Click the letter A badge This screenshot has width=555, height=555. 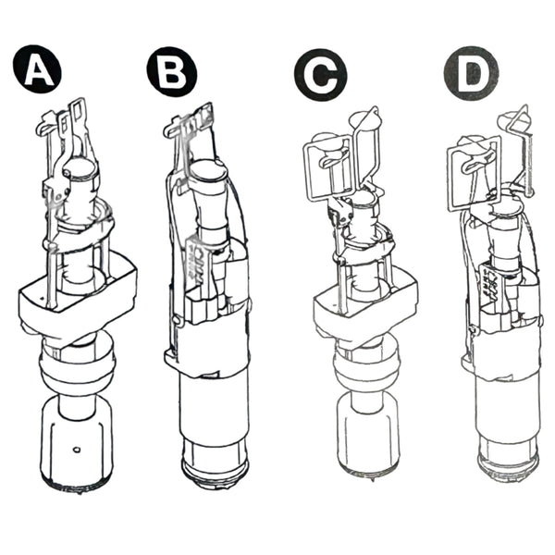[x=37, y=69]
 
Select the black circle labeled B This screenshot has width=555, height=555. [x=172, y=71]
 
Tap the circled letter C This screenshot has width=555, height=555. [x=321, y=75]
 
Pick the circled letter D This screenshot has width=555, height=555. [x=471, y=73]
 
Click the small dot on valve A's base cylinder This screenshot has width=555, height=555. [x=77, y=450]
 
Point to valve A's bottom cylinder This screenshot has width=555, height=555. [x=77, y=442]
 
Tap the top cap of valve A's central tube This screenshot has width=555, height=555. [x=81, y=167]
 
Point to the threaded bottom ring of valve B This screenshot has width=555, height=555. [x=216, y=471]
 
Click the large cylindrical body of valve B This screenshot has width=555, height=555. [x=215, y=407]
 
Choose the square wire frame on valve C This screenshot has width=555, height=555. [x=328, y=167]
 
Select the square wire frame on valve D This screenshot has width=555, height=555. [x=475, y=174]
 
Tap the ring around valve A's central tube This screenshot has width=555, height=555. [x=79, y=230]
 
